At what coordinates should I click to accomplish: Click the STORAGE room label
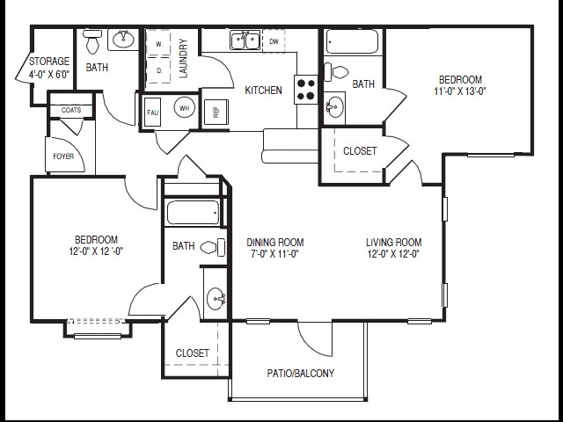pos(49,62)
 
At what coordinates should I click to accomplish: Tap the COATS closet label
pos(70,110)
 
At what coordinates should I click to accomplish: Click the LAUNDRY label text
pos(184,59)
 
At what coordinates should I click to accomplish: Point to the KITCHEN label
pos(263,90)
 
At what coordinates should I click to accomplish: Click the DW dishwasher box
pos(274,41)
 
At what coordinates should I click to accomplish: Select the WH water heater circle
pos(185,109)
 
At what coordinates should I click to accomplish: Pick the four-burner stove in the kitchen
pos(306,88)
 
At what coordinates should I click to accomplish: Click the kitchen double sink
pos(244,40)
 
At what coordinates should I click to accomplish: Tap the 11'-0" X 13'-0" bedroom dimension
pos(459,91)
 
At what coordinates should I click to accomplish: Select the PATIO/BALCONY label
pos(300,374)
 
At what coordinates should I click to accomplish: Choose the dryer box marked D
pos(159,69)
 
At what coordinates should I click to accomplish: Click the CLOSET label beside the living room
pos(360,151)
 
